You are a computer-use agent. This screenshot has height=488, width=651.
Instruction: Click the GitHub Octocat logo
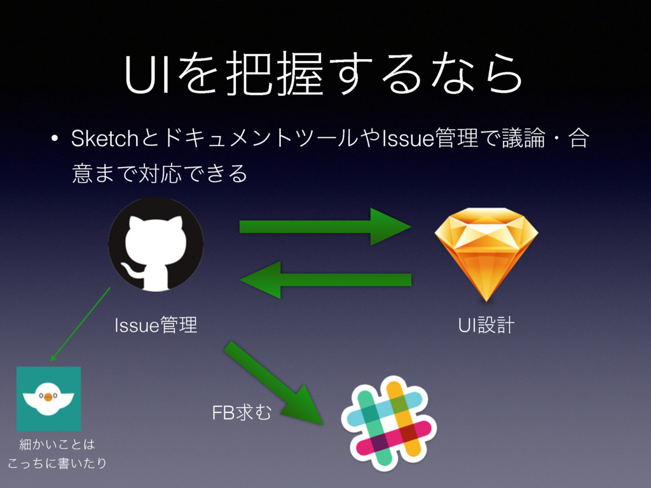(156, 244)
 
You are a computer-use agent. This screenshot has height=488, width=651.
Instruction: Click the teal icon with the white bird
(48, 398)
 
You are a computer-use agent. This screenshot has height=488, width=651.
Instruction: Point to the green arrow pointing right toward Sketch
(325, 227)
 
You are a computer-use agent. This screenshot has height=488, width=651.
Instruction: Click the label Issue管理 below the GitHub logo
(156, 327)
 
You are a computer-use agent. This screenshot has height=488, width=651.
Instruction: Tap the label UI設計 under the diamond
(486, 327)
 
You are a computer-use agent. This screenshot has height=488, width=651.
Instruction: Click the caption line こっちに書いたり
(56, 463)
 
